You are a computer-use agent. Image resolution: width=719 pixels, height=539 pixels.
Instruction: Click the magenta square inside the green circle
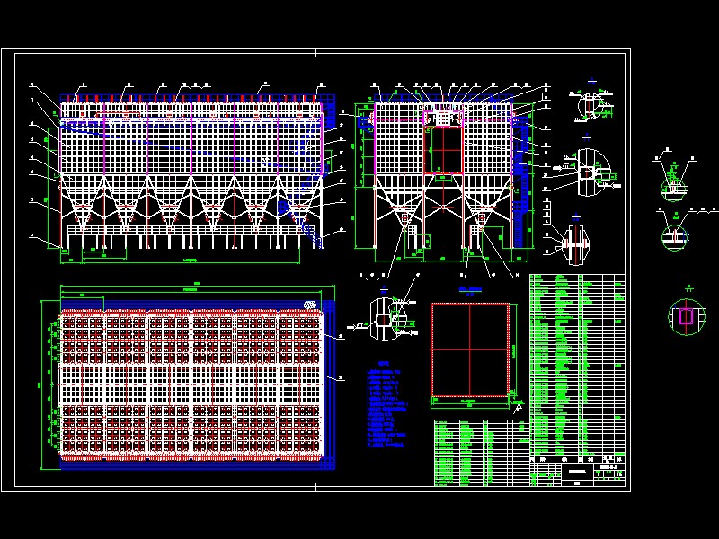[x=686, y=316]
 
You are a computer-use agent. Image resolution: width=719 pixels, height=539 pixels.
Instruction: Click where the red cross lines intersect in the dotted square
[x=470, y=349]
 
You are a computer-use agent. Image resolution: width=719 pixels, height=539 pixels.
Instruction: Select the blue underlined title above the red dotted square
[x=470, y=290]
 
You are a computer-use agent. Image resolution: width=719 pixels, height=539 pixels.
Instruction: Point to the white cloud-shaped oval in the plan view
[x=312, y=305]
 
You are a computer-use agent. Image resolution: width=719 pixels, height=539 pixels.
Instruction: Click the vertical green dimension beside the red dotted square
[x=513, y=349]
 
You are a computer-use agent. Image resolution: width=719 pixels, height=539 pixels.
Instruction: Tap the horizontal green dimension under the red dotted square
[x=470, y=402]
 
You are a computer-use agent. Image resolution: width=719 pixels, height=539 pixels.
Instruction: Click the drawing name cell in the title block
[x=576, y=471]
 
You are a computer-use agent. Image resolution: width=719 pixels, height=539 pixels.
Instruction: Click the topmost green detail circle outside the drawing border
[x=673, y=184]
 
